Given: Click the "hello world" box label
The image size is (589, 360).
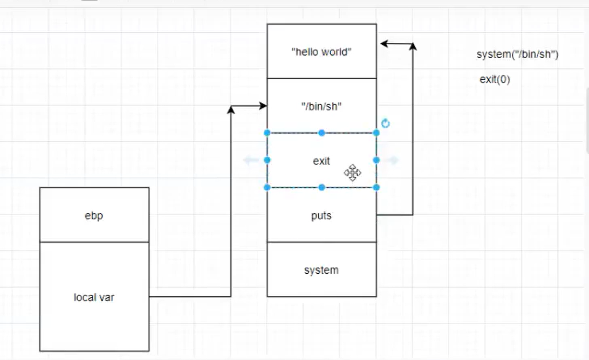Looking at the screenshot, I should click(321, 52).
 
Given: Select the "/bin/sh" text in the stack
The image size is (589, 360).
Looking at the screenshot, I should click(321, 106).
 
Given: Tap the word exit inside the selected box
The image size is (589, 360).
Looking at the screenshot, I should click(321, 161).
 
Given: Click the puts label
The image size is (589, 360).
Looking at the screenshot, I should click(321, 216).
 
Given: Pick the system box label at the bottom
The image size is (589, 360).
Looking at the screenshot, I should click(321, 270).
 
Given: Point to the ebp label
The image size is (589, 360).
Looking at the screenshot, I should click(94, 216).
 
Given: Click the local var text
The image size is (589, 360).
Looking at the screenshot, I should click(94, 297).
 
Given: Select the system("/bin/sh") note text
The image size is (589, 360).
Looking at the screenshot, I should click(517, 54).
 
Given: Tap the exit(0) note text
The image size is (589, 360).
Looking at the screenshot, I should click(495, 80).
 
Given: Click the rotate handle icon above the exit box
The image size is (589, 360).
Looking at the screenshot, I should click(385, 123).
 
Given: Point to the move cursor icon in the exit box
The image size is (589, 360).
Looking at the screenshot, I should click(353, 173).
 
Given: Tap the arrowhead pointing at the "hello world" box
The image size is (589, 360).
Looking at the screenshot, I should click(383, 44).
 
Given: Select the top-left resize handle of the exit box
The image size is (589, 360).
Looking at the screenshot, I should click(267, 133).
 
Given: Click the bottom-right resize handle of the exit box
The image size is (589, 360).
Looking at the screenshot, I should click(376, 187).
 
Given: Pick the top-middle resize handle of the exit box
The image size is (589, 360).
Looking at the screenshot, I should click(321, 133).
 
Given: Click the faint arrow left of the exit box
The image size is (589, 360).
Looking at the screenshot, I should click(250, 160).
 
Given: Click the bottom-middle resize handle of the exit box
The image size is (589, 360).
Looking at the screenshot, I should click(321, 187).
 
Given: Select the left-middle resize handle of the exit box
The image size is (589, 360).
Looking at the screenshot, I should click(267, 160).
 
